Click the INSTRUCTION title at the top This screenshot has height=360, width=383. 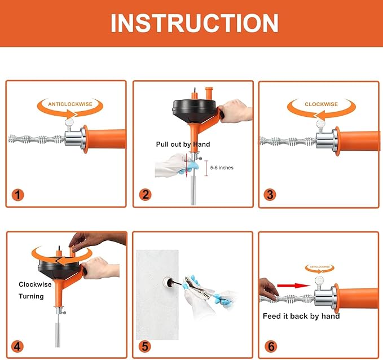click(x=195, y=23)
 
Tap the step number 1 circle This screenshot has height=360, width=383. click(x=18, y=195)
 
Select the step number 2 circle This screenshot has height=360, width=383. click(x=146, y=195)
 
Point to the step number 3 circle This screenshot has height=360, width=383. click(x=270, y=195)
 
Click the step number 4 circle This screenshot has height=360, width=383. click(x=17, y=346)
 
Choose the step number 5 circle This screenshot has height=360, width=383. click(x=145, y=346)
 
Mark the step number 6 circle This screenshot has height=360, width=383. click(x=271, y=346)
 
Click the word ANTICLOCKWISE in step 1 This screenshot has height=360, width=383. click(x=70, y=104)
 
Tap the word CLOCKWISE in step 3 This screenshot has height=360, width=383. click(x=321, y=104)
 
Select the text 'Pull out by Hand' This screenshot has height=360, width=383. click(x=183, y=144)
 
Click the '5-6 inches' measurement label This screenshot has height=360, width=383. click(x=222, y=168)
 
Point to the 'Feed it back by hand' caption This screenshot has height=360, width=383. click(x=301, y=316)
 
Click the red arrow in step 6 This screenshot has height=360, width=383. click(x=294, y=286)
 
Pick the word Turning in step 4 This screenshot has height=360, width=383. click(x=31, y=296)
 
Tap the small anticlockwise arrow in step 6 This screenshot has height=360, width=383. click(x=320, y=269)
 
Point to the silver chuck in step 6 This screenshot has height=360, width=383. click(x=325, y=296)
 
